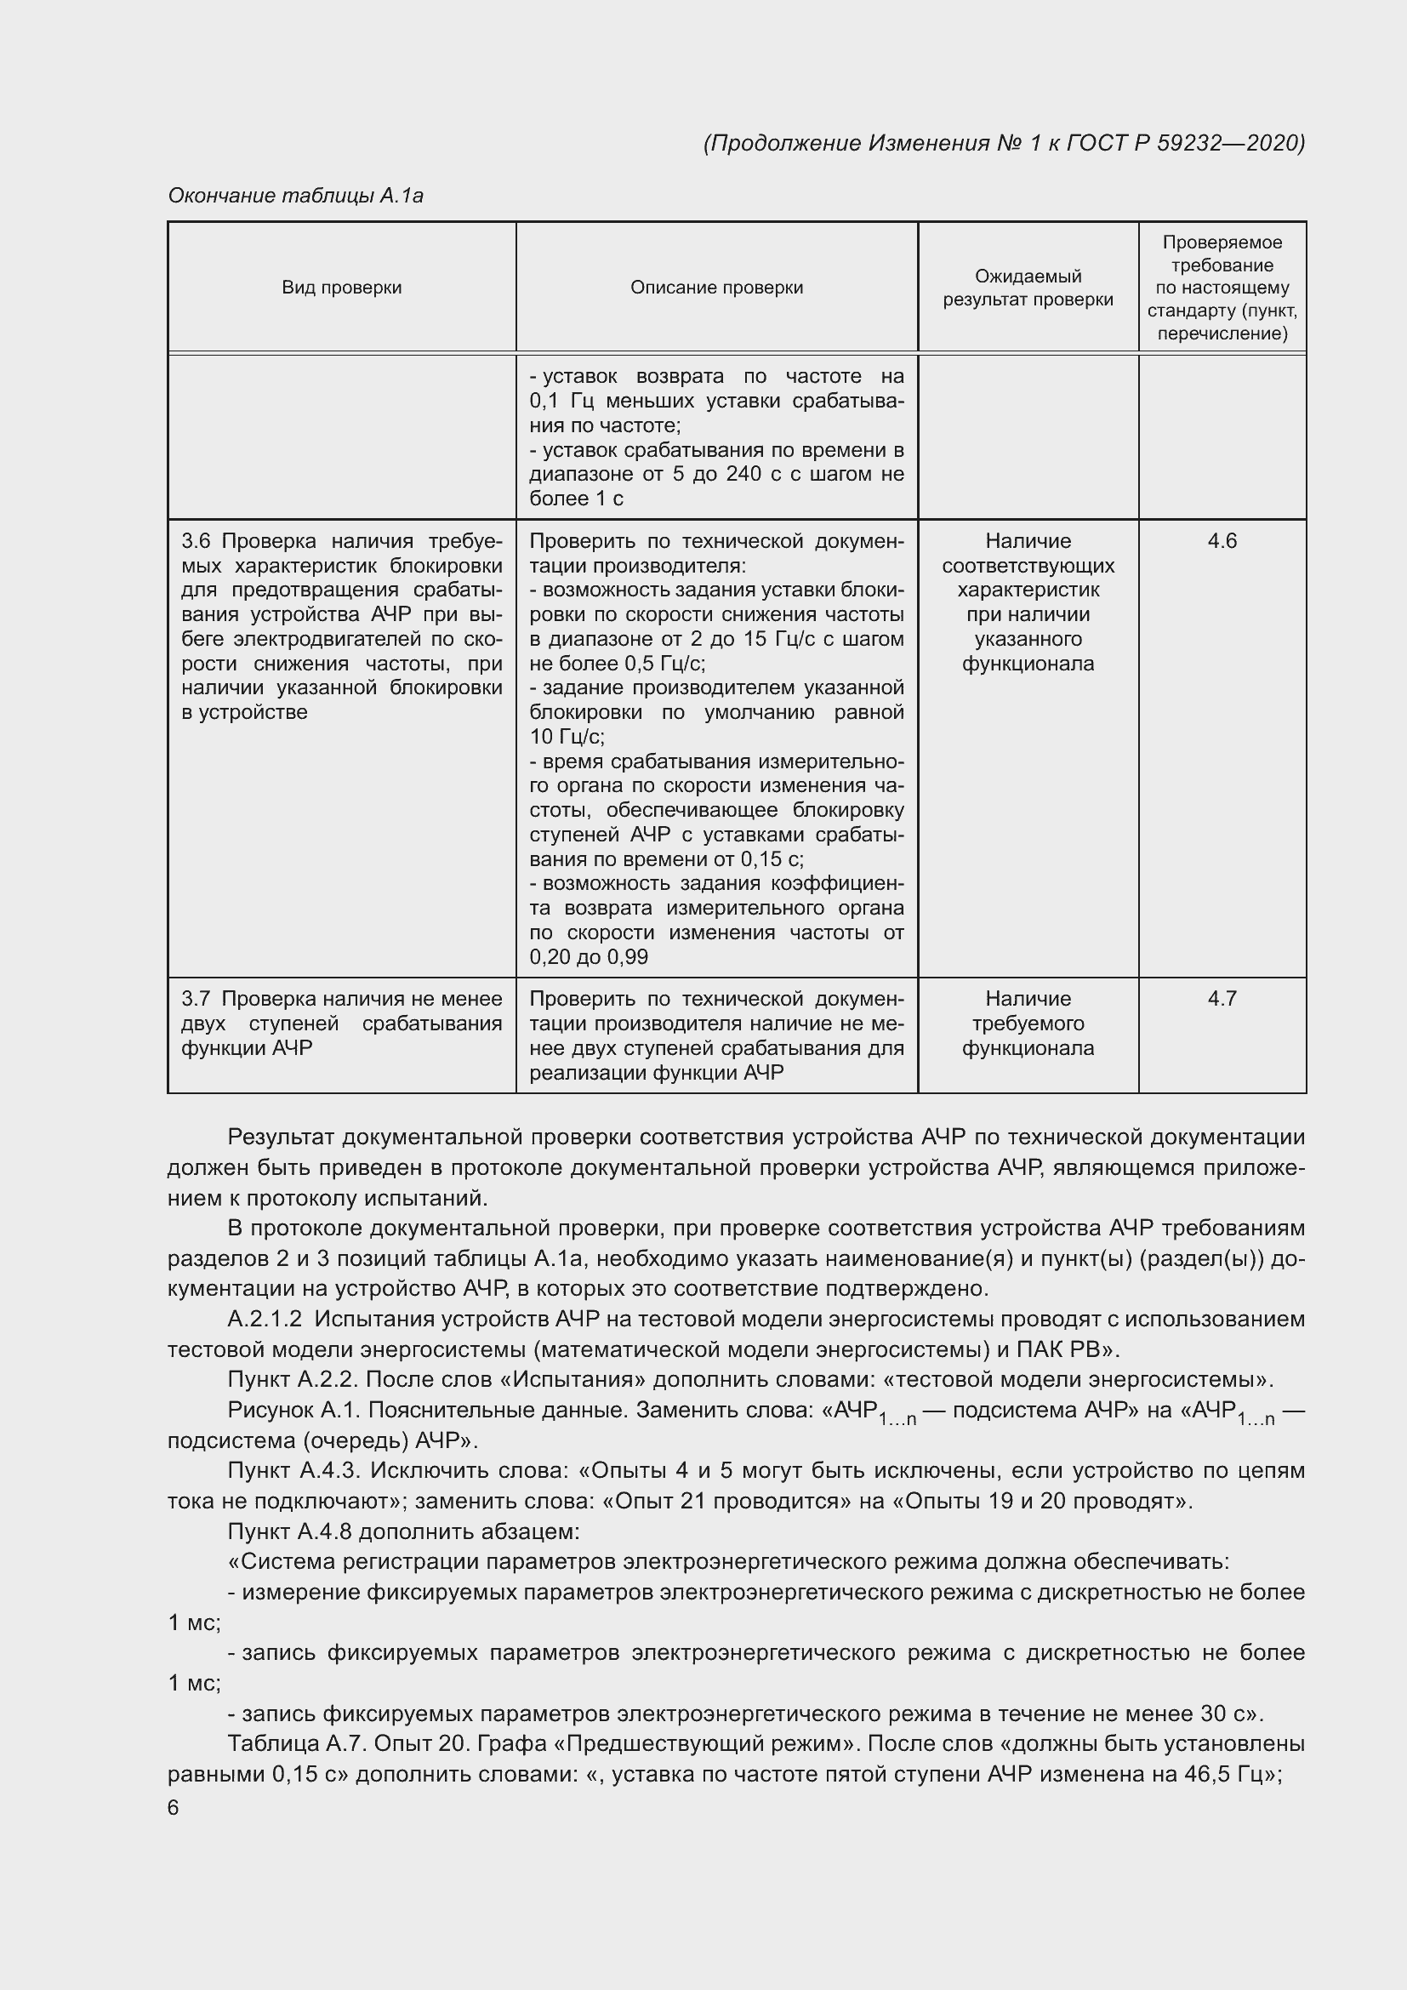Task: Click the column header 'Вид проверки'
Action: pos(341,288)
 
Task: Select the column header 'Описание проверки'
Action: pos(716,288)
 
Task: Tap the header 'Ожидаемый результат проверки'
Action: pos(1028,288)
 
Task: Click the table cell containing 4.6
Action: pos(1222,542)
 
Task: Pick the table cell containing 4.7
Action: pos(1222,999)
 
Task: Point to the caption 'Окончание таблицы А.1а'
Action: pos(295,196)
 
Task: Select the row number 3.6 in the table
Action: pos(196,542)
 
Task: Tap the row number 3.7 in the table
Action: pos(196,1000)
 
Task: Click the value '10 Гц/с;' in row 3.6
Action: pos(567,738)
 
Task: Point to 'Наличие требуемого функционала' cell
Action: pos(1028,1024)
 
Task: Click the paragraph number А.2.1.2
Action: pos(265,1320)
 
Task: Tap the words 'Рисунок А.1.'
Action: pos(294,1410)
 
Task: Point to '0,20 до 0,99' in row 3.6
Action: pos(590,958)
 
